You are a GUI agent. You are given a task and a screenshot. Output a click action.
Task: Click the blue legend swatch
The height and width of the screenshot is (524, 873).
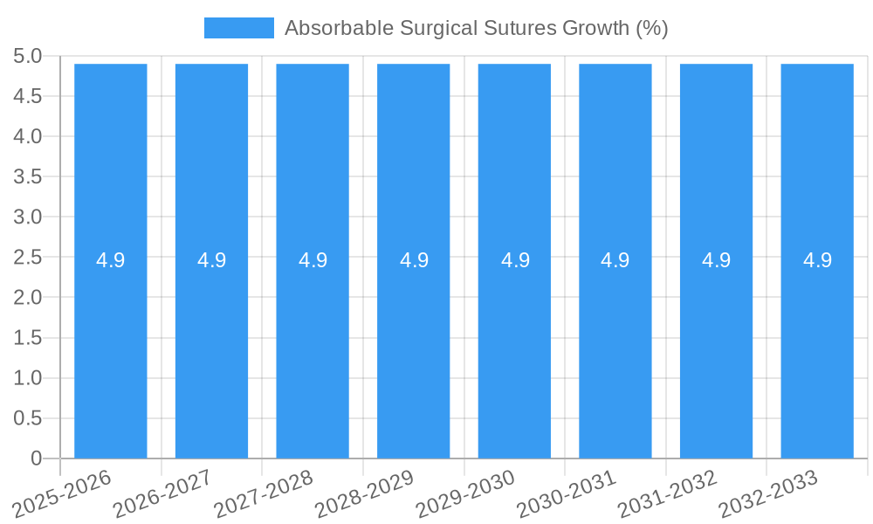238,28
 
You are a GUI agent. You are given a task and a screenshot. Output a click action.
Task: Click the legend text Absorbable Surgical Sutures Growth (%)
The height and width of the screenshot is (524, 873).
476,28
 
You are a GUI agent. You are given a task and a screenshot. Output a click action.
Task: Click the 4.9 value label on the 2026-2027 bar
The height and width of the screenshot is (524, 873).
211,260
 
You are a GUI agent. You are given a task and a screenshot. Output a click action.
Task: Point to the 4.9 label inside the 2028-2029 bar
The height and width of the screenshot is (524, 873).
414,260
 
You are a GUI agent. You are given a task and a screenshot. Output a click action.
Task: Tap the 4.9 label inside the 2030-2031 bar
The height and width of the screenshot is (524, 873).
615,260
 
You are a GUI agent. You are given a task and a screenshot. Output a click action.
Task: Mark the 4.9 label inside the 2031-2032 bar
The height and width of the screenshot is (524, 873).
717,260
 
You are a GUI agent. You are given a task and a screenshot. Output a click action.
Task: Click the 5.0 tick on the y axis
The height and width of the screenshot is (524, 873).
27,56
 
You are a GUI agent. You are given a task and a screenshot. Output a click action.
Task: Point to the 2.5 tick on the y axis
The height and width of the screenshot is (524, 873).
27,258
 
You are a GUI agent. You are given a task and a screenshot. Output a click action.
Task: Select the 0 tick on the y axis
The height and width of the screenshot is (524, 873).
36,458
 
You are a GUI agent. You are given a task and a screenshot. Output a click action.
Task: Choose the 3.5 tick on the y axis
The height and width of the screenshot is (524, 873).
27,176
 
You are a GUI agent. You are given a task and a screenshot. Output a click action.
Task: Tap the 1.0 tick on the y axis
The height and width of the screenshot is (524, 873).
27,378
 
